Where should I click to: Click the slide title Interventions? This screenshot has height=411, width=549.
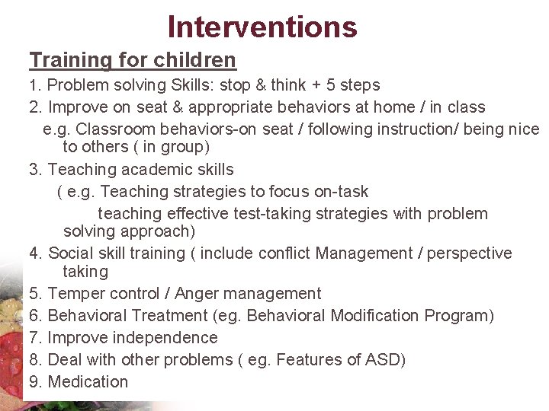[262, 27]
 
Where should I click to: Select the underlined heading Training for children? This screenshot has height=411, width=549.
[133, 59]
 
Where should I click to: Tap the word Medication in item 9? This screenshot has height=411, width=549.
[88, 382]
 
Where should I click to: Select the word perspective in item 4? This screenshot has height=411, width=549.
[469, 253]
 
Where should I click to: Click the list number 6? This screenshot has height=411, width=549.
[34, 316]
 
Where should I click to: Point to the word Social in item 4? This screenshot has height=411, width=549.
[70, 253]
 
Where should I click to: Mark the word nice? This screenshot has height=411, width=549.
[523, 129]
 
